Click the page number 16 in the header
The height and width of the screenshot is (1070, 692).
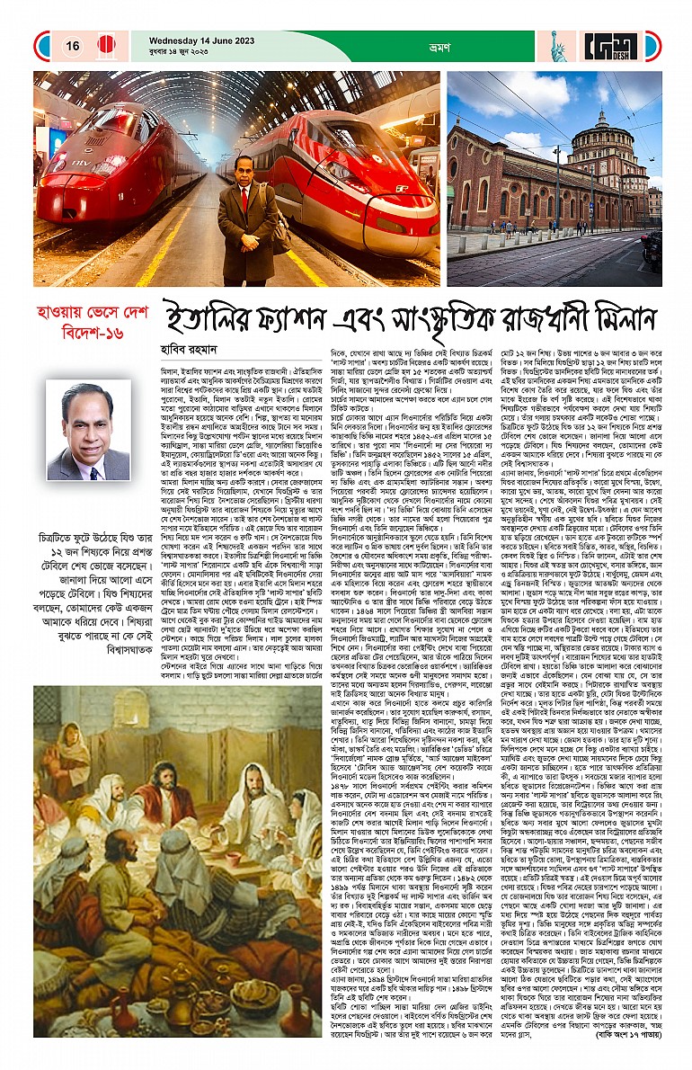click(73, 46)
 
